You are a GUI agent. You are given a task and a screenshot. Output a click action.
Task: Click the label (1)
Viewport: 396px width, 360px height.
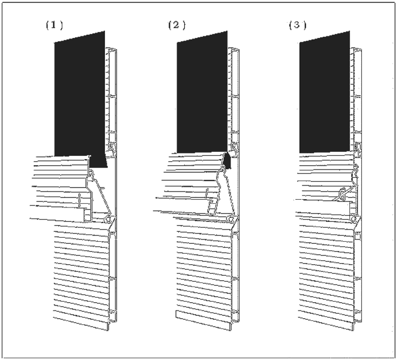[x=54, y=25]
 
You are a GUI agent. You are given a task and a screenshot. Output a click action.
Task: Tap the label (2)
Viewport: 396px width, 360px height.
[x=177, y=25]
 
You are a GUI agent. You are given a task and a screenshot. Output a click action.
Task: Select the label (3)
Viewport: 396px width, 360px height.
[x=298, y=25]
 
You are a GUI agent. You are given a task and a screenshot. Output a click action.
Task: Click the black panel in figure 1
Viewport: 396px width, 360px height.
[x=80, y=96]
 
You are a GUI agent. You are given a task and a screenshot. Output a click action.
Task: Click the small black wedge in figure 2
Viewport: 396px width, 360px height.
[x=228, y=161]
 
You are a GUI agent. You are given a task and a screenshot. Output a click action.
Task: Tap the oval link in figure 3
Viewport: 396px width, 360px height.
[x=342, y=192]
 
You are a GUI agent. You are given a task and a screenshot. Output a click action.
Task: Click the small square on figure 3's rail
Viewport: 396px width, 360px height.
[x=358, y=237]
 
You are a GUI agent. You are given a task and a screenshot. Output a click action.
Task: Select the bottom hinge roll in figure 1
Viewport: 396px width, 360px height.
[x=108, y=220]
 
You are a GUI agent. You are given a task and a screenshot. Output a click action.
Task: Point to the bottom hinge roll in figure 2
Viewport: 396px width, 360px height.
[x=230, y=219]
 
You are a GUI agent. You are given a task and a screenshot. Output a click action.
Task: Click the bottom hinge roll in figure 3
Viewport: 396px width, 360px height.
[x=354, y=219]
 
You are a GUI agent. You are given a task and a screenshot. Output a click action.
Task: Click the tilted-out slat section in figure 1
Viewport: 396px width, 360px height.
[x=61, y=189]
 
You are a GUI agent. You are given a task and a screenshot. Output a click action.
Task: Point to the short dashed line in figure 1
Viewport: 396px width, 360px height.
[x=80, y=200]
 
